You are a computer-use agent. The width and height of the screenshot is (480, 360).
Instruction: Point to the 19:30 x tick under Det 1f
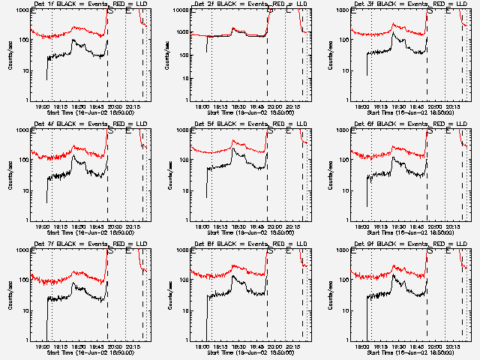(x=79, y=107)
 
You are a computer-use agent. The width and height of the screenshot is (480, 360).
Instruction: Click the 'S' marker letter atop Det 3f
(x=430, y=10)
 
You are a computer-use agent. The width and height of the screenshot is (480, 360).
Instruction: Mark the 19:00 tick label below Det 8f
(x=202, y=347)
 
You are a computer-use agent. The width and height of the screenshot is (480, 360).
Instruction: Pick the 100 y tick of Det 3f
(x=345, y=40)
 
